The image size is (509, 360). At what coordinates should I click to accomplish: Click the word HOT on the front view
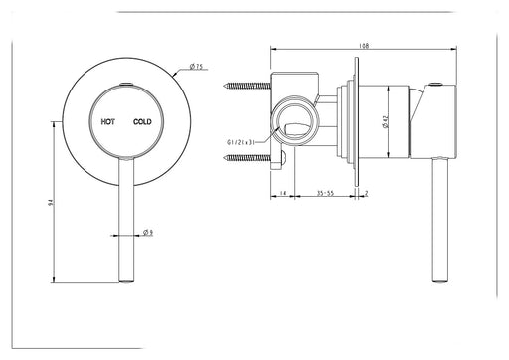point(108,122)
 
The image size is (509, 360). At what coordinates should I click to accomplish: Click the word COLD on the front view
point(142,122)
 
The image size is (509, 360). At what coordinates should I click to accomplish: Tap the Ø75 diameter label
point(196,67)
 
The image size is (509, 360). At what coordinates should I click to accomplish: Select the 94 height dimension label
point(51,202)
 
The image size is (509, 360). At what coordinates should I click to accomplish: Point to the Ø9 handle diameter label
point(148,232)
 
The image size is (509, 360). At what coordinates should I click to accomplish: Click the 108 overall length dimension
point(364,46)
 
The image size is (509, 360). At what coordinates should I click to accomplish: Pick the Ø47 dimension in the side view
point(385,121)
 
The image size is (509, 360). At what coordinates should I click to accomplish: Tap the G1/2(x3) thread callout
point(241,142)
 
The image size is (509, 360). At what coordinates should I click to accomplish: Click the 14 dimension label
point(282,193)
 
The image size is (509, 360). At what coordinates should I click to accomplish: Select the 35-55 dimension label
point(326,193)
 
